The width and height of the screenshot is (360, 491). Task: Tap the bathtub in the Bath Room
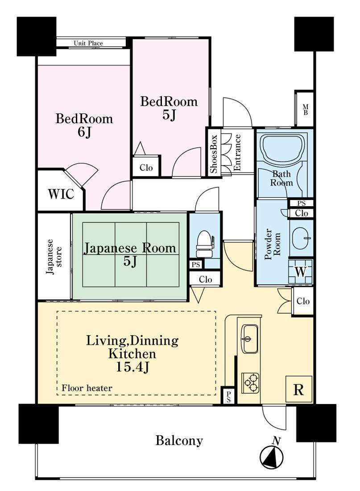283,149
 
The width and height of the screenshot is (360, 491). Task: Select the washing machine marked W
301,271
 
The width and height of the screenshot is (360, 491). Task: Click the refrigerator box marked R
298,389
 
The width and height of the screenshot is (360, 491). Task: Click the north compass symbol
272,454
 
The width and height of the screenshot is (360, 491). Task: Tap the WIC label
61,194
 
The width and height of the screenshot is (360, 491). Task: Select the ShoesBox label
214,154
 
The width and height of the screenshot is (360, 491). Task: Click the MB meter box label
305,110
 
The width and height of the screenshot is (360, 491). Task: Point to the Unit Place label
88,43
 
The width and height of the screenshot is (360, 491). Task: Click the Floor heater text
87,388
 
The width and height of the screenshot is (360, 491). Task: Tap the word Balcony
179,441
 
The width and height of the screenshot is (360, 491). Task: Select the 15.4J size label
132,366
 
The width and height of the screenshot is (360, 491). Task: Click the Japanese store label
54,257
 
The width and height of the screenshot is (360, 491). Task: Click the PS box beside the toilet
196,265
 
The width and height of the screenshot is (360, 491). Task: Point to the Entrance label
237,153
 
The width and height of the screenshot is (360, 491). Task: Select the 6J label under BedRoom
84,132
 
